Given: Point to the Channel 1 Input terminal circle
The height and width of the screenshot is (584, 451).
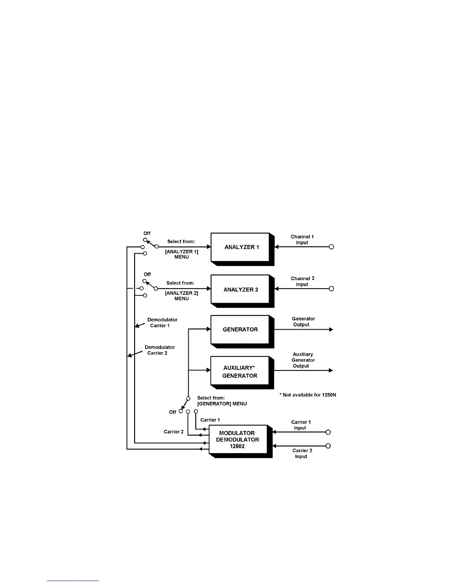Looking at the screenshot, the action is point(331,247).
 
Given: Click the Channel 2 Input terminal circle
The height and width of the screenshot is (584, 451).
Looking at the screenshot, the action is point(331,289).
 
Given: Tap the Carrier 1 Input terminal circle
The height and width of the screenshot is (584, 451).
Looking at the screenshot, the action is point(328,432).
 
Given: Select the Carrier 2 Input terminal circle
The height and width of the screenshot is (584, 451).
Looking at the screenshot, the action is point(328,446).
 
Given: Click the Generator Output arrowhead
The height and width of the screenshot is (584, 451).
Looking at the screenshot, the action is point(331,330).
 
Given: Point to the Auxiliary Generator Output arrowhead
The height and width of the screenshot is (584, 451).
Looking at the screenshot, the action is point(331,371).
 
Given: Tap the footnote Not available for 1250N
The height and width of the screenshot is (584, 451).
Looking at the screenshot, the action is point(308,395).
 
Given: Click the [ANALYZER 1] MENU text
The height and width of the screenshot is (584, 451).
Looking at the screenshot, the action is point(181,254).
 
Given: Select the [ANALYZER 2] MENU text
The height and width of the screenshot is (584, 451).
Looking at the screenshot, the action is point(181,296).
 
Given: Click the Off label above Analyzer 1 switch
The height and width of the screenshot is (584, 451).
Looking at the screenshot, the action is point(147,233).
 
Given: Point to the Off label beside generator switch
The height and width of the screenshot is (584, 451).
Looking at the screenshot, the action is point(172,412).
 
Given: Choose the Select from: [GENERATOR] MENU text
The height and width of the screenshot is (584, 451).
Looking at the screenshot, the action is point(222,401).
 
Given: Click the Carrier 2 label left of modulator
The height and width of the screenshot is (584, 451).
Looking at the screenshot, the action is point(174,432).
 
